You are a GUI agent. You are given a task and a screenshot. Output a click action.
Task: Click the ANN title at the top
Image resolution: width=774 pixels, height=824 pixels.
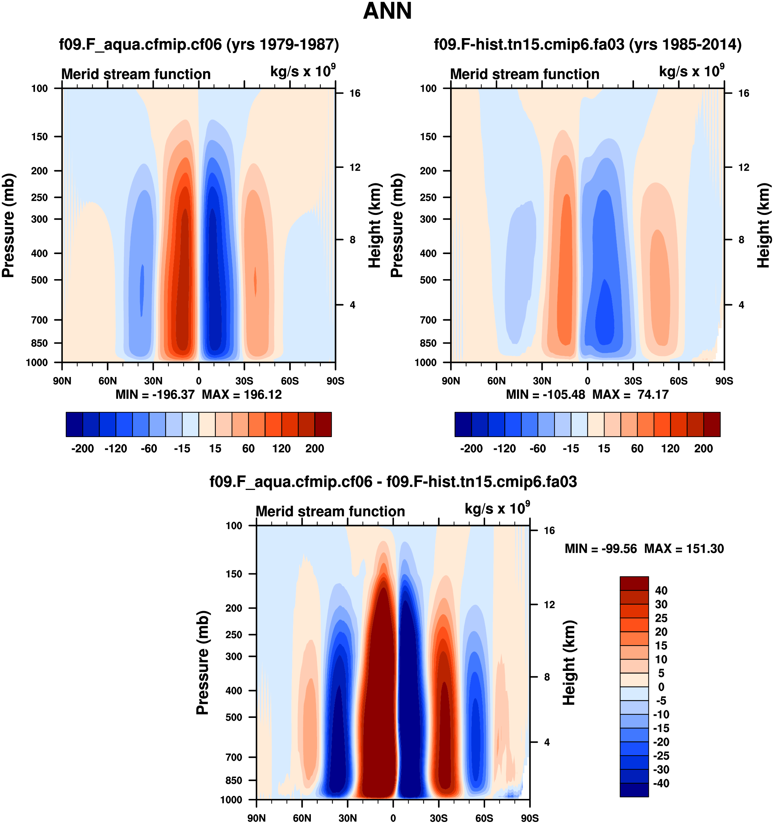[x=387, y=11]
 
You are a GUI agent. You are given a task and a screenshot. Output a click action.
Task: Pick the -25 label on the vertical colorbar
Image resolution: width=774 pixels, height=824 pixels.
[x=661, y=756]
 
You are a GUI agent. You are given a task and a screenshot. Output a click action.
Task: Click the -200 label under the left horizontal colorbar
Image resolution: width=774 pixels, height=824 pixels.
[x=82, y=449]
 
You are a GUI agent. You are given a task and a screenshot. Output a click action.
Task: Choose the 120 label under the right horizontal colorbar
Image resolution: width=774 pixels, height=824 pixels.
[x=670, y=449]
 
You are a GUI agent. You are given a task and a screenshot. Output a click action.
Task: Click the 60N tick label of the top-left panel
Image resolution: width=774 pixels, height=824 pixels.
[x=108, y=381]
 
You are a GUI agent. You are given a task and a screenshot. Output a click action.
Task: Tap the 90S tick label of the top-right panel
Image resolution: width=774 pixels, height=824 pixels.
[x=724, y=381]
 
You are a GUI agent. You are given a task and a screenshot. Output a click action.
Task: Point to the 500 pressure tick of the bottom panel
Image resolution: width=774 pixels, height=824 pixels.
[x=233, y=718]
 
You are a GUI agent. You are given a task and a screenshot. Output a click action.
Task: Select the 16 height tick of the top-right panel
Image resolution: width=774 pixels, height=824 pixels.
[x=744, y=93]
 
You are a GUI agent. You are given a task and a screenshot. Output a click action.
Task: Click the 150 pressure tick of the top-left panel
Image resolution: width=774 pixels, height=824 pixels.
[x=39, y=137]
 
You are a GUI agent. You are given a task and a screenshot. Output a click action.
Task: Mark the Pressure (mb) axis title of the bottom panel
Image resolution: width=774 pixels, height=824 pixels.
[x=202, y=663]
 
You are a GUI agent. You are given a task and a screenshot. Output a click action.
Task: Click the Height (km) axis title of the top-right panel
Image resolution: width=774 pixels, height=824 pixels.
[x=763, y=226]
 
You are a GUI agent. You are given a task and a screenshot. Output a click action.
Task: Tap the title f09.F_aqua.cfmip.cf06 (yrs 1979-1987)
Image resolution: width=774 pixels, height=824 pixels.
[x=199, y=44]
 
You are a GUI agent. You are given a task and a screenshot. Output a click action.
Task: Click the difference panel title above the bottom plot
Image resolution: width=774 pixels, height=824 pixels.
[x=393, y=482]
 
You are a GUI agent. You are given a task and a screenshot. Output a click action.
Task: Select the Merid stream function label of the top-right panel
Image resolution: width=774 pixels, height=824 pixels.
[x=525, y=74]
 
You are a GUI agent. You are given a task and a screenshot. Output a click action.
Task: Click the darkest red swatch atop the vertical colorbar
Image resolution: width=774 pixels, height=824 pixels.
[x=634, y=584]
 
